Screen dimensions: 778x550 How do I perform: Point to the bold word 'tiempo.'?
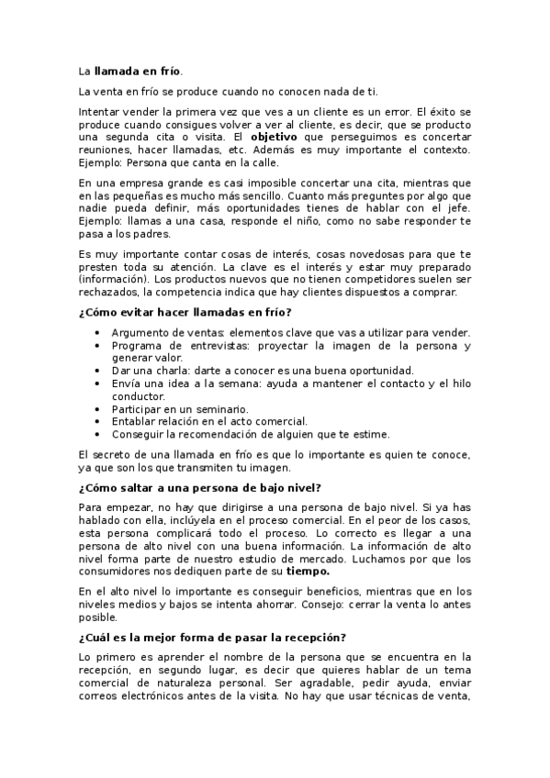point(309,571)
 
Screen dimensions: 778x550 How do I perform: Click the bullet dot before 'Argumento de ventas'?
point(97,332)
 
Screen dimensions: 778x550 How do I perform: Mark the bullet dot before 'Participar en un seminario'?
point(97,408)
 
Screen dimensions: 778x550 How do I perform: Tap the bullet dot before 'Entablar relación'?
point(97,421)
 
